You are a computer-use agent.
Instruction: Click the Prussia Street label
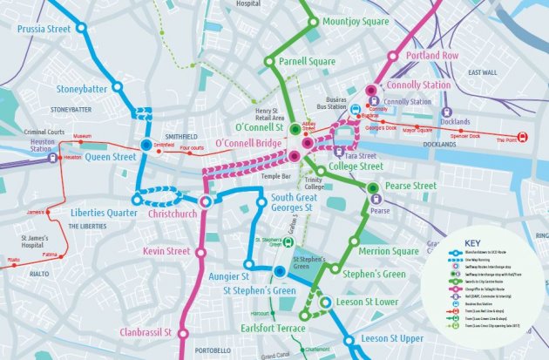tap(43, 29)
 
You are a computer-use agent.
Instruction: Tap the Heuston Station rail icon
tap(53, 158)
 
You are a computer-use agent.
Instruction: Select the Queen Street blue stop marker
tap(145, 145)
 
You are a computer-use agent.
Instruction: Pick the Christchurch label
tap(167, 213)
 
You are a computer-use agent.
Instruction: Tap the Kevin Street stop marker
tap(206, 251)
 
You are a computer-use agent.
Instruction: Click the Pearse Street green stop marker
tap(373, 187)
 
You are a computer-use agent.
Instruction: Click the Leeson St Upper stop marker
tap(349, 340)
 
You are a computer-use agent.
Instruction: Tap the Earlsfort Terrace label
tap(273, 329)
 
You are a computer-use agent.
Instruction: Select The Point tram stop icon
tap(522, 137)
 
